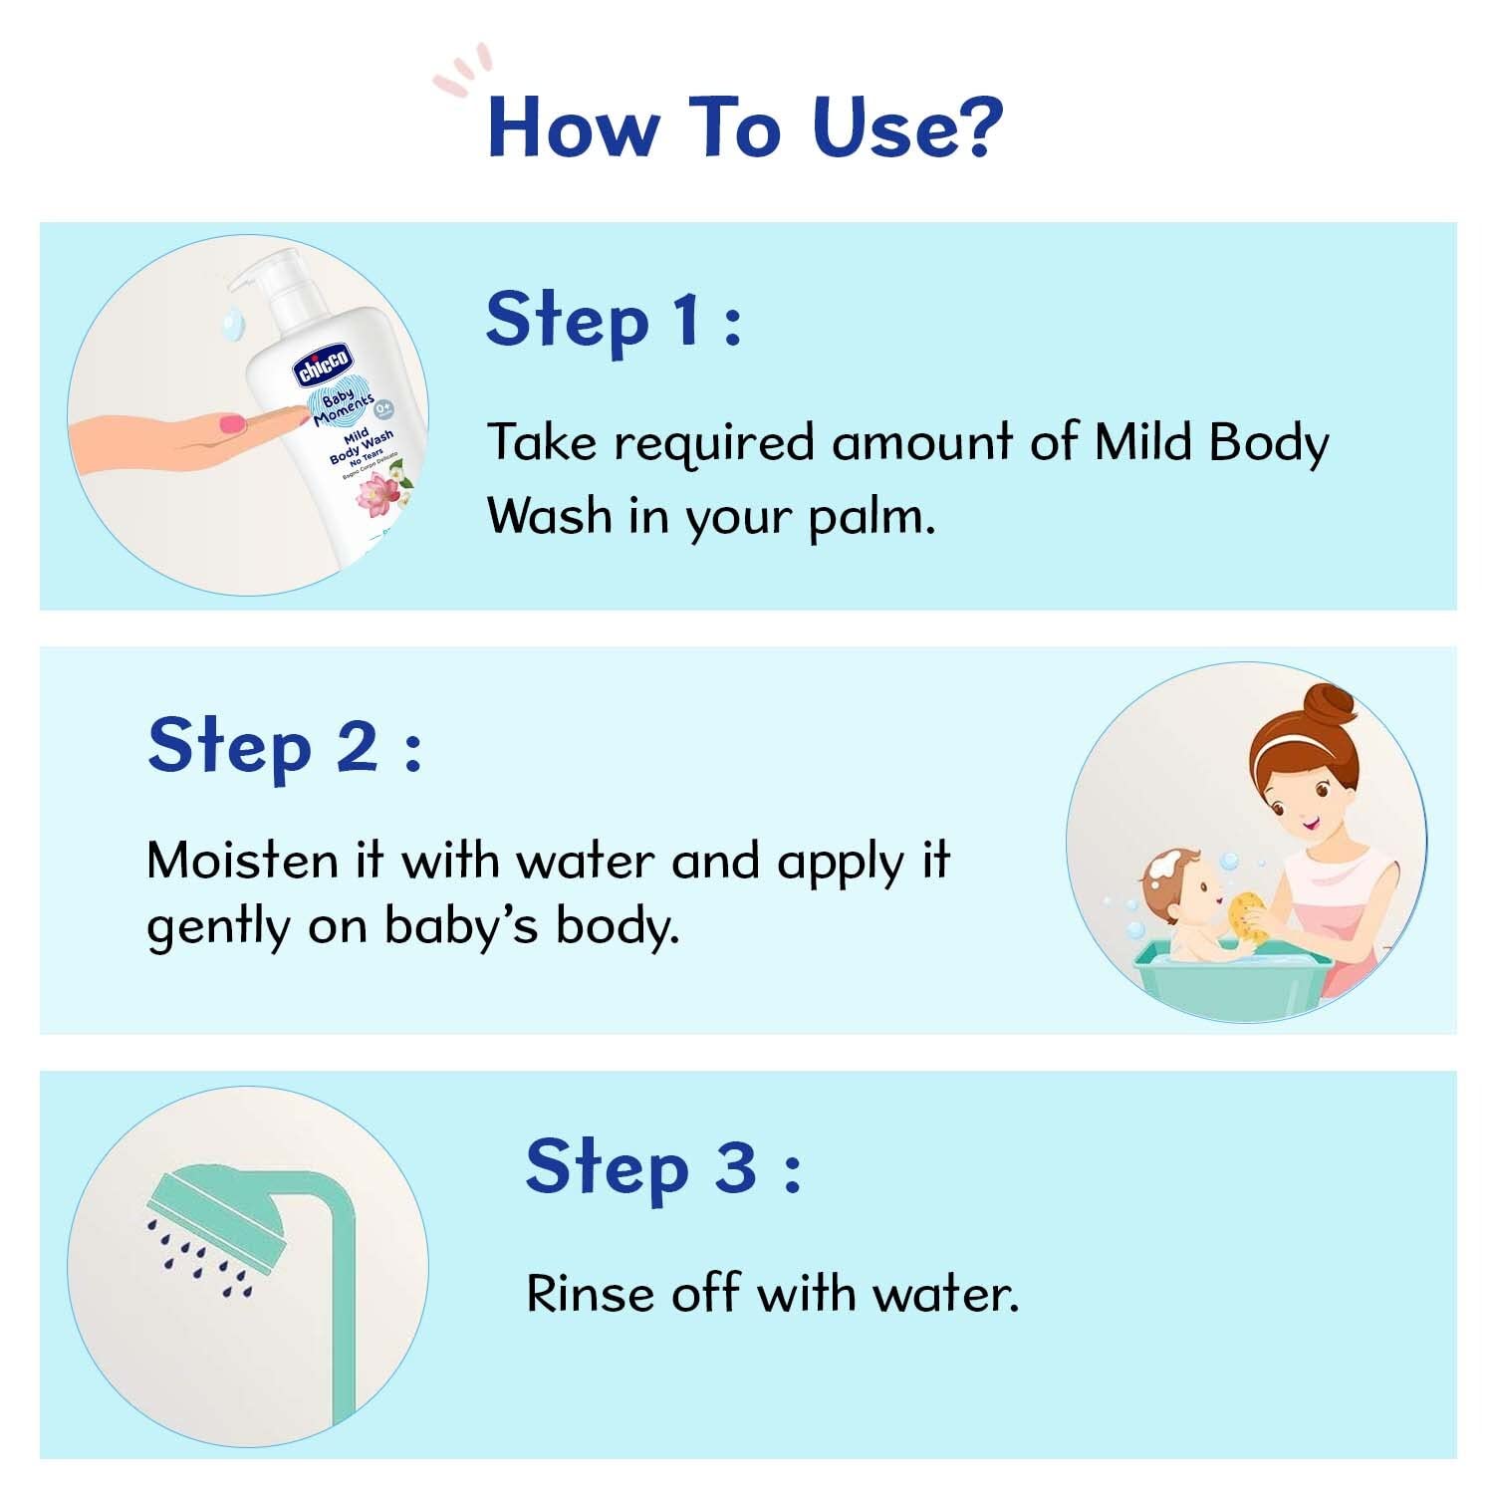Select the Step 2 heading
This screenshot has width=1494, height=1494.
coord(284,746)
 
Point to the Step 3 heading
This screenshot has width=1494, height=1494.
coord(662,1167)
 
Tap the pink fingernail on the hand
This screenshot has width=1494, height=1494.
coord(232,422)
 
